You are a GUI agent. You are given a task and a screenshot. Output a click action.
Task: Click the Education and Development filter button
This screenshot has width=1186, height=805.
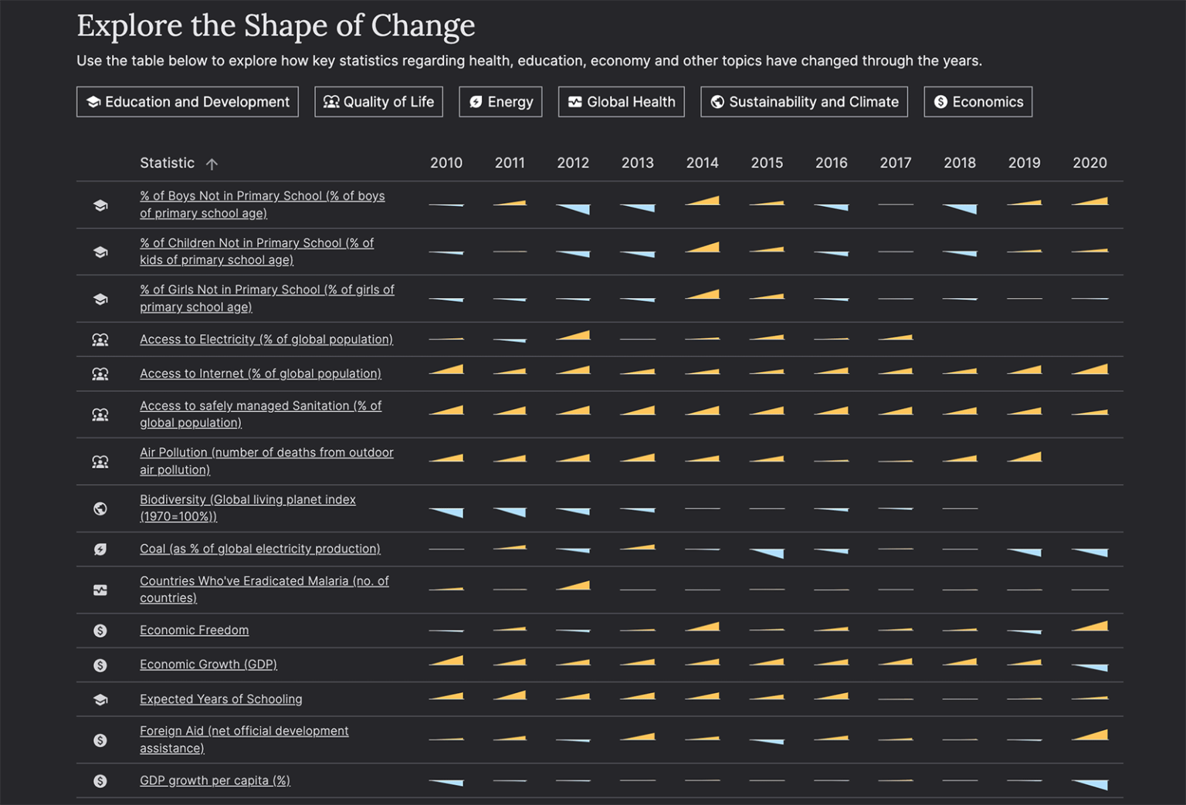point(188,102)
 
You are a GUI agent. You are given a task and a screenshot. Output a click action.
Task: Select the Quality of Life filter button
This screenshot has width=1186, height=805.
point(378,102)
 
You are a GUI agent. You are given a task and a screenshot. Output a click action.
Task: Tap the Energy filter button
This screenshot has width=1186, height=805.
point(500,102)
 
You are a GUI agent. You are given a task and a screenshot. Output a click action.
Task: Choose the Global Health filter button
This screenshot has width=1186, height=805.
point(621,102)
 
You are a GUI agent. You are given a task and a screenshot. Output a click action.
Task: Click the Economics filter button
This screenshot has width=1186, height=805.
point(978,102)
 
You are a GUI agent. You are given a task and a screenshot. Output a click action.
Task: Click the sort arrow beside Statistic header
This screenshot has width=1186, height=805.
point(212,164)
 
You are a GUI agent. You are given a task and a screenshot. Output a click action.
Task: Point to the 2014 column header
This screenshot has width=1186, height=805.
point(702,163)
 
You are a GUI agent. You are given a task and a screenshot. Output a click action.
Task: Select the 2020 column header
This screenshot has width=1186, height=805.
point(1089,163)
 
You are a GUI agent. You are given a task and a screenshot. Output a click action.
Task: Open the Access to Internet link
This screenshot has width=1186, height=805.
point(260,374)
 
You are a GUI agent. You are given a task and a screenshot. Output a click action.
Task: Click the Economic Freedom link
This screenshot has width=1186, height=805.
point(194,631)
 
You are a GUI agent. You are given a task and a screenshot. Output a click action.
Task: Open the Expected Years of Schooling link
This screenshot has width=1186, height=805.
point(221,699)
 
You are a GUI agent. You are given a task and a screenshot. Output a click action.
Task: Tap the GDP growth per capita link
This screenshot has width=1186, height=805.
point(215,781)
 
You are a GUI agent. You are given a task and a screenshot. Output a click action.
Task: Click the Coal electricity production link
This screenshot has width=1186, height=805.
point(259,549)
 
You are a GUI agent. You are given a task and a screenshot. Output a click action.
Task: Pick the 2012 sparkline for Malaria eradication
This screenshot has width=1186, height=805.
point(574,586)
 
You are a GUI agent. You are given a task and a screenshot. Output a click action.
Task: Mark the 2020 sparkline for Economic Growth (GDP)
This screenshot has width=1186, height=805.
point(1089,667)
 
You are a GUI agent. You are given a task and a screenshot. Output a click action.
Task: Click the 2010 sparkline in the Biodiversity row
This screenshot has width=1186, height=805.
point(446,512)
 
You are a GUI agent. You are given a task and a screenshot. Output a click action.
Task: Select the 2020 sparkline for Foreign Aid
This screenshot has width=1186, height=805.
point(1089,736)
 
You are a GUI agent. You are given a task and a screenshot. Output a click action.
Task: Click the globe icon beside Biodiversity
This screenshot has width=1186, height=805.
point(100,509)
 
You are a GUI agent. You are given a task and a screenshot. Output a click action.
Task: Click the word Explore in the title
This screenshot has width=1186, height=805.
point(130,25)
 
